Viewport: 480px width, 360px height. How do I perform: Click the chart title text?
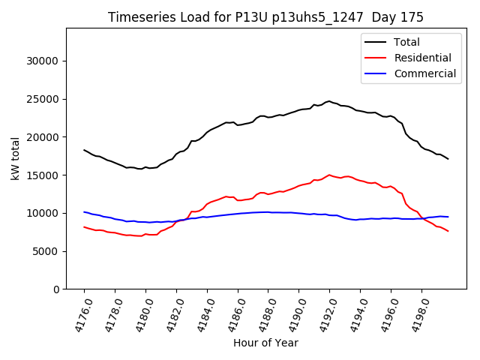tap(265, 17)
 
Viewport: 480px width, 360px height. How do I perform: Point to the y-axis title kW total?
tap(15, 158)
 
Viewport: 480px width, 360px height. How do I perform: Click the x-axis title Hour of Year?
tap(265, 343)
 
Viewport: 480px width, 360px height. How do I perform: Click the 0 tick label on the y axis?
tap(56, 289)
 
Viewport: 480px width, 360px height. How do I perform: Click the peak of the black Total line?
tap(328, 100)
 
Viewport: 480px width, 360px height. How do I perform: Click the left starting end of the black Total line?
tap(84, 150)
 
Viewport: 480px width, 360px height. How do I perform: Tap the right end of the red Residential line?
tap(448, 231)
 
